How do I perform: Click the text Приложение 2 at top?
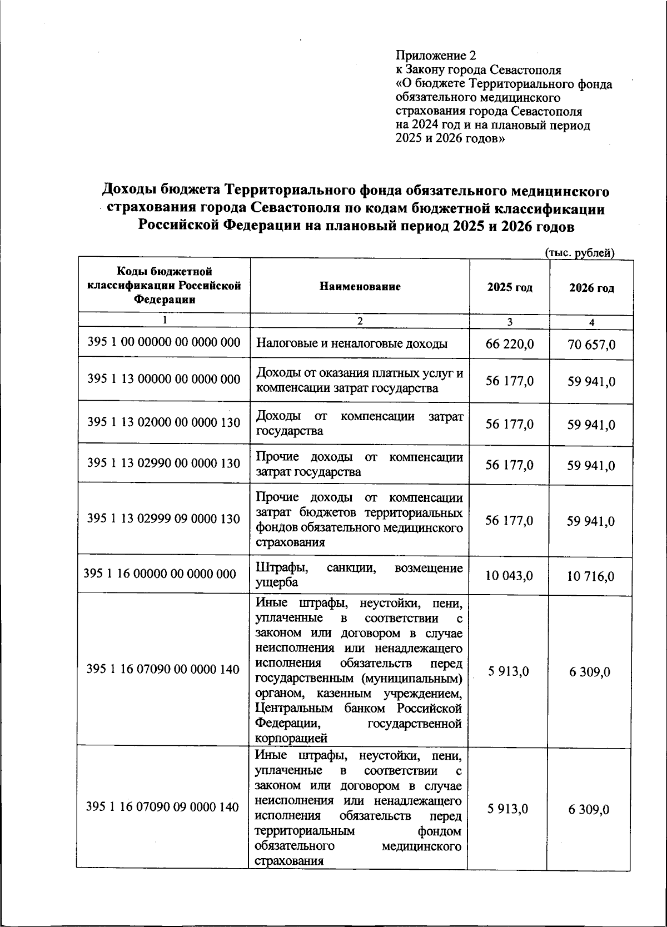point(436,56)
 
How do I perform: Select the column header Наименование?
point(360,287)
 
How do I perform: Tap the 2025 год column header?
point(510,287)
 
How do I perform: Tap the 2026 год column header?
point(591,288)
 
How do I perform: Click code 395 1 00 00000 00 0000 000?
point(164,342)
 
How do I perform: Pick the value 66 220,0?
point(510,344)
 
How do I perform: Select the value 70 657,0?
point(591,345)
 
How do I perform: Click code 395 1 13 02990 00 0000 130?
point(164,463)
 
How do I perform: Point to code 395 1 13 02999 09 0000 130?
point(164,519)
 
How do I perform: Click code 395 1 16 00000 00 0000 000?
point(160,574)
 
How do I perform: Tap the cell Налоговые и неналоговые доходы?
point(352,344)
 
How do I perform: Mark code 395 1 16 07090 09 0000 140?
point(163,807)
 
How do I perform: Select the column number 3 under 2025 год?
point(510,322)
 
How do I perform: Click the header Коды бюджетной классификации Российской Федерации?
point(164,285)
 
